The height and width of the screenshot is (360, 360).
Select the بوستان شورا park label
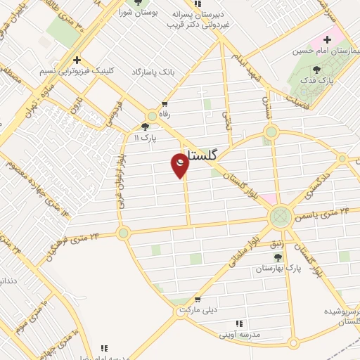pos(135,12)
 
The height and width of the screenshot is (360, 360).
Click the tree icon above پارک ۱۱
pos(145,127)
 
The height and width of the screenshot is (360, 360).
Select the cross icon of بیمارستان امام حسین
pos(328,39)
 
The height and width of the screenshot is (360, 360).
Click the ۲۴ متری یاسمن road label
pos(325,210)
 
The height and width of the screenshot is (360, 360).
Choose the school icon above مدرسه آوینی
pos(239,323)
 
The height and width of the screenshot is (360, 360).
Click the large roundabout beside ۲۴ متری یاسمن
pos(281,216)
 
